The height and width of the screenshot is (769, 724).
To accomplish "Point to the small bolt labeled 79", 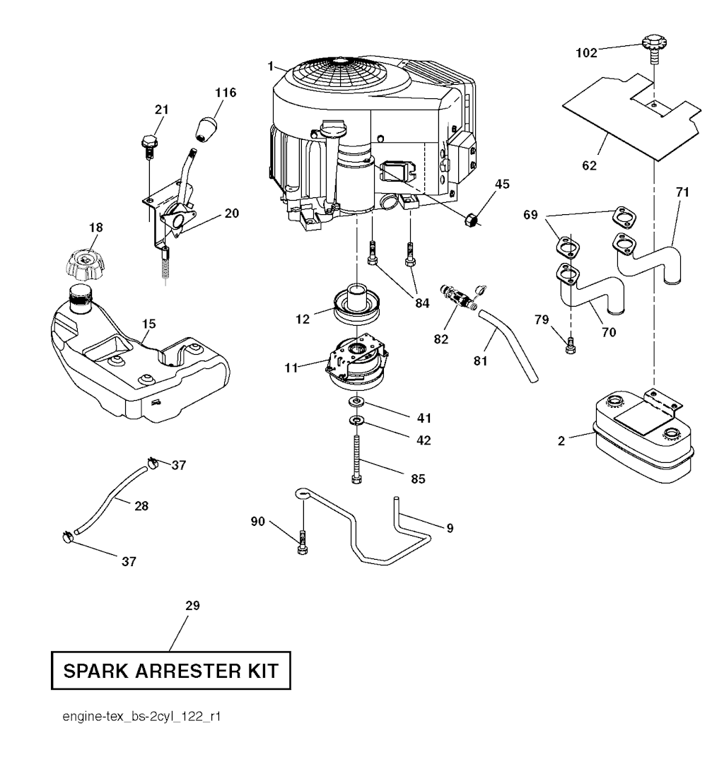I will pyautogui.click(x=571, y=344).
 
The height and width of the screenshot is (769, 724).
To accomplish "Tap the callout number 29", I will pyautogui.click(x=192, y=606).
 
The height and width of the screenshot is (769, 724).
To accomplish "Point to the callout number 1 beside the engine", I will pyautogui.click(x=271, y=66).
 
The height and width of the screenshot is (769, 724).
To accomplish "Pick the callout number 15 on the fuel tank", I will pyautogui.click(x=148, y=324).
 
